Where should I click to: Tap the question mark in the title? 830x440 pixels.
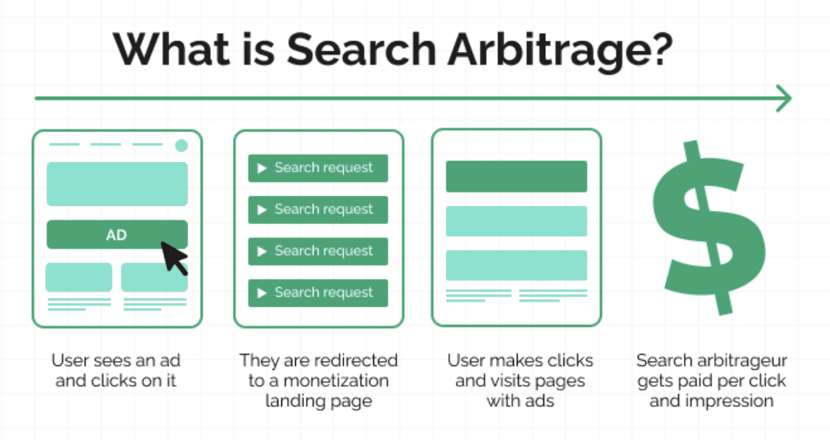661,48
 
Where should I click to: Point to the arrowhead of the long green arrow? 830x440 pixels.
783,98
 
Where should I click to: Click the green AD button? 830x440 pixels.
117,235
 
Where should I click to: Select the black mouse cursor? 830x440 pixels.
173,257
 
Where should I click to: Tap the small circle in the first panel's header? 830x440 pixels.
181,145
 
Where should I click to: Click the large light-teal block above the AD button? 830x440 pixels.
117,184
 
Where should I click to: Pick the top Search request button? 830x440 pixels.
318,168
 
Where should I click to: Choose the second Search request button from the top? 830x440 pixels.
318,210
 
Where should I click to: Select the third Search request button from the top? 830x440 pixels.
318,251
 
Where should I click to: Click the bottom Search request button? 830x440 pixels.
318,293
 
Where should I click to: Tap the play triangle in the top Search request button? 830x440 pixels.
262,168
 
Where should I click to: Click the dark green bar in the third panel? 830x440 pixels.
516,176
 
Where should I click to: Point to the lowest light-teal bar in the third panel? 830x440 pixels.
516,265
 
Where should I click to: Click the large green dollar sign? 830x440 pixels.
709,228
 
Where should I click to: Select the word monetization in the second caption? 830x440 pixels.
336,380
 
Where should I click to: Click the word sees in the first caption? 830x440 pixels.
110,361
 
